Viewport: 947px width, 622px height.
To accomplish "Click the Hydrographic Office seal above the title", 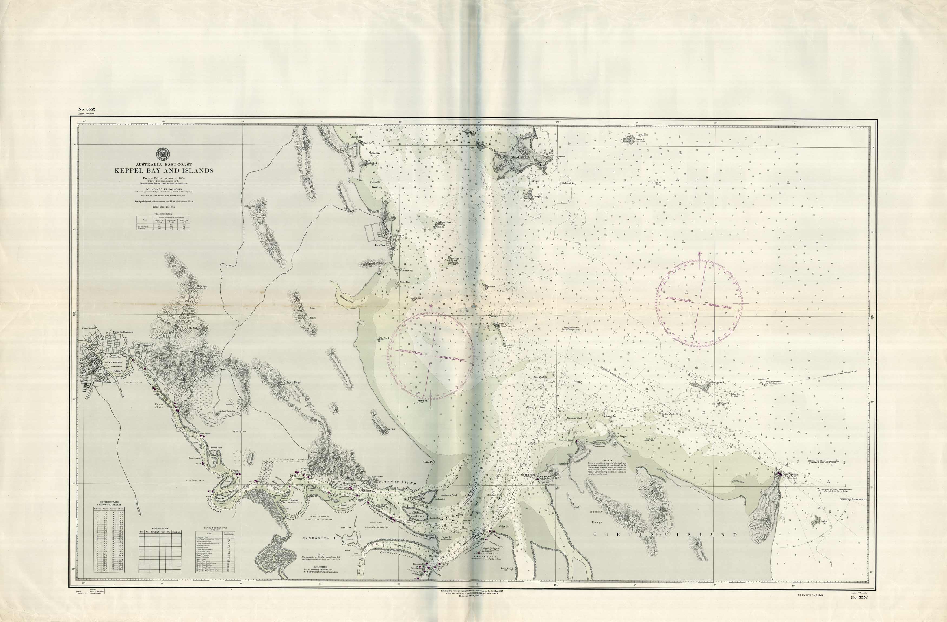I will point(163,153).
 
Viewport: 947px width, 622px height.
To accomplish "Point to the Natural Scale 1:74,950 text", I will point(163,207).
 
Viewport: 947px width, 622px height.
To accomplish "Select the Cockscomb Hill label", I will point(248,207).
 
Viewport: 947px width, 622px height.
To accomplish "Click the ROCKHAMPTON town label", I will point(112,362).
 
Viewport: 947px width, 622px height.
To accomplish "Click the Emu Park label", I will point(380,245).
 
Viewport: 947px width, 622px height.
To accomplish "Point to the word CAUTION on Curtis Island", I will point(607,460).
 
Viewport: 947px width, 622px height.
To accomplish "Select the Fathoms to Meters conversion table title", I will point(108,503).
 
